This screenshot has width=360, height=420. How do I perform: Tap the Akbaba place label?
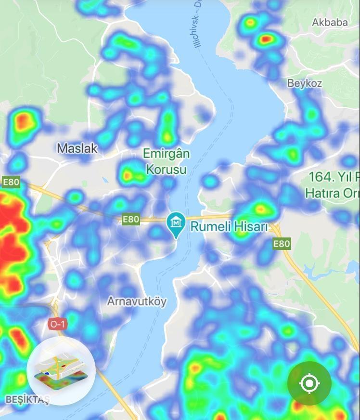pyautogui.click(x=330, y=22)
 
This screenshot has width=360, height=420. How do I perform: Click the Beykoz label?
pyautogui.click(x=304, y=83)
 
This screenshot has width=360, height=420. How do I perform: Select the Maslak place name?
pyautogui.click(x=77, y=148)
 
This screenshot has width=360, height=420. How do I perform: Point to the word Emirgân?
pyautogui.click(x=167, y=154)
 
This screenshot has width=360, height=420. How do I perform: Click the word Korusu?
pyautogui.click(x=167, y=170)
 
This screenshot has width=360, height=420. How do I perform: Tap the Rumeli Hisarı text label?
pyautogui.click(x=229, y=226)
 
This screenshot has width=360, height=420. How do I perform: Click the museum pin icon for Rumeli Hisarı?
pyautogui.click(x=176, y=224)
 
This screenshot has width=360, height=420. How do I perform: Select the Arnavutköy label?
pyautogui.click(x=137, y=302)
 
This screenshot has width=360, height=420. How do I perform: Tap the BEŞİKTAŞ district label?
pyautogui.click(x=27, y=400)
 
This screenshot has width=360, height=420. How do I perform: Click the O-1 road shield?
pyautogui.click(x=57, y=324)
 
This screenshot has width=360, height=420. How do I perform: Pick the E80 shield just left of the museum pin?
pyautogui.click(x=130, y=220)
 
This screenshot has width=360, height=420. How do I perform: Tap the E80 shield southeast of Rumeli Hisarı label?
pyautogui.click(x=282, y=244)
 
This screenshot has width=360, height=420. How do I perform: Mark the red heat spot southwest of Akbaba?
pyautogui.click(x=267, y=39)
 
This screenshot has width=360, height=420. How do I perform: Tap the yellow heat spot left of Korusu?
pyautogui.click(x=128, y=175)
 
